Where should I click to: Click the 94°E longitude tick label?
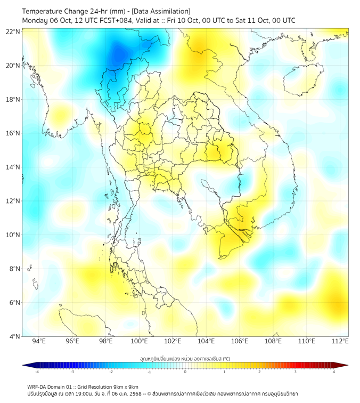pyautogui.click(x=39, y=341)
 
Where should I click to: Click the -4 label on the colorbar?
pyautogui.click(x=36, y=372)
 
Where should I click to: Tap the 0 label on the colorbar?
pyautogui.click(x=185, y=372)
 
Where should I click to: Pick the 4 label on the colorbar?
pyautogui.click(x=334, y=372)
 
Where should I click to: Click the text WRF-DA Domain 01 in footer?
pyautogui.click(x=51, y=386)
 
